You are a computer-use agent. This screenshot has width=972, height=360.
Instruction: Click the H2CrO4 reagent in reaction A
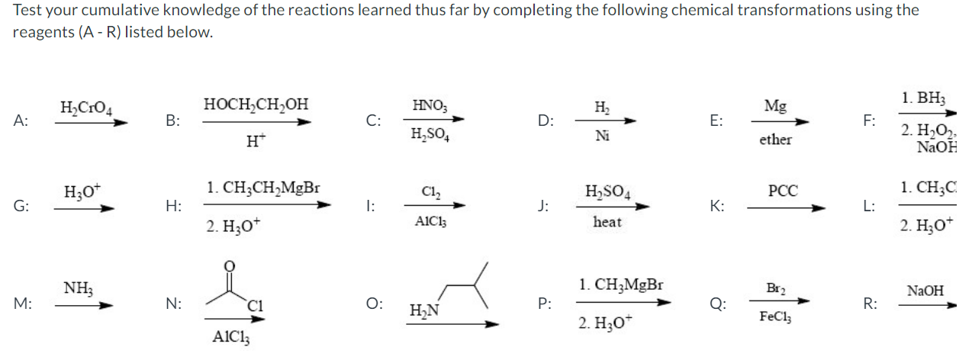tap(85, 108)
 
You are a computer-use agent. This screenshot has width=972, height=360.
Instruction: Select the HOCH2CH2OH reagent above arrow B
tap(256, 104)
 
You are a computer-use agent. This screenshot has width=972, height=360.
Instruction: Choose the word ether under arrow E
tap(775, 140)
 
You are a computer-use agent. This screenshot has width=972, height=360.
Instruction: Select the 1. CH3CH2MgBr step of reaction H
tap(263, 187)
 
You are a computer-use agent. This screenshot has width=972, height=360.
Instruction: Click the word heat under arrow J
tap(607, 222)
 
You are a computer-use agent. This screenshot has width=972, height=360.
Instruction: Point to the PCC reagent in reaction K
tap(783, 190)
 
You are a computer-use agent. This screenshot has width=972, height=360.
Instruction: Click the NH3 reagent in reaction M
tap(79, 288)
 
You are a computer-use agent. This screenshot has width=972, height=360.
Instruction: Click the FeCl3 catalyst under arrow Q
tap(775, 316)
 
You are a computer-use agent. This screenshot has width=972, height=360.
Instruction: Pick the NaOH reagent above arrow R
tap(925, 290)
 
